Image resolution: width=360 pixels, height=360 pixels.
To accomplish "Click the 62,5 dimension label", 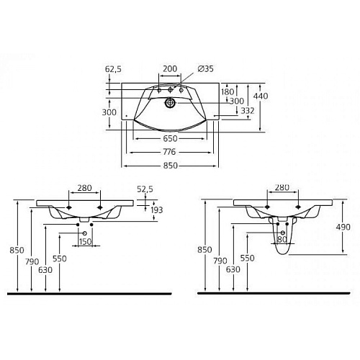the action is [x=113, y=69].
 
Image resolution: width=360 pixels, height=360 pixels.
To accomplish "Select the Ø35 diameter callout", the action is [x=205, y=69].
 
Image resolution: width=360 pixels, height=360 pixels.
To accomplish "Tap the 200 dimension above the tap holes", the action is [x=170, y=69].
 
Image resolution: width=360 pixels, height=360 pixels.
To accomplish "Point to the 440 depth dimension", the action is [x=261, y=96].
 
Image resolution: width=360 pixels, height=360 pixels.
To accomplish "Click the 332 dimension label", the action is [x=248, y=111].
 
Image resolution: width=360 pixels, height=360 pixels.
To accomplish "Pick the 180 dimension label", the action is [x=228, y=91].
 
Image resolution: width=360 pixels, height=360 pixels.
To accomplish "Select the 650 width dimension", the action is [x=170, y=138].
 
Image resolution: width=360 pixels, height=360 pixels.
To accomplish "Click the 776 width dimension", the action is [x=169, y=152].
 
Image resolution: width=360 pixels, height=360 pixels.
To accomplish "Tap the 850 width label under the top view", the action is [x=171, y=166].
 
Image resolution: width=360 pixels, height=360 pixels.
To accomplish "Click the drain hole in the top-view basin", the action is [x=170, y=103].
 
